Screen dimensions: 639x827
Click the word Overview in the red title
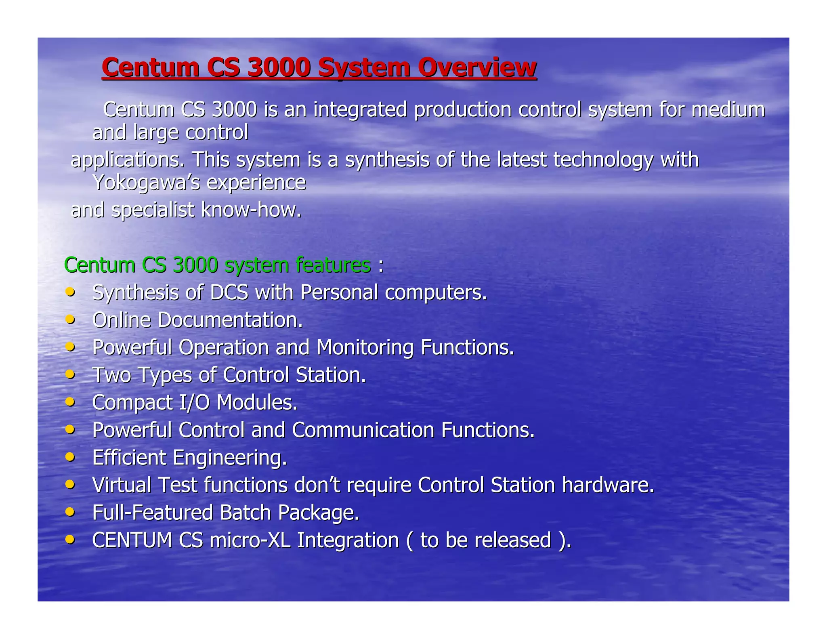(477, 67)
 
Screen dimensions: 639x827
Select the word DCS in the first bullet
(229, 292)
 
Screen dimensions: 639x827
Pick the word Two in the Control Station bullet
(112, 375)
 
